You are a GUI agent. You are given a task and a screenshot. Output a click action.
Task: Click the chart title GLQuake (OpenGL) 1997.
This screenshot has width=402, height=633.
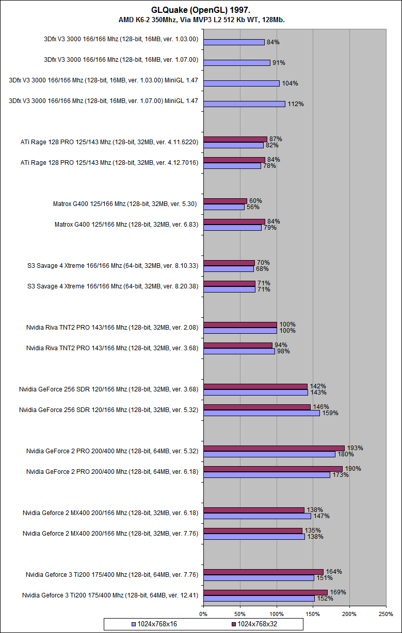201,10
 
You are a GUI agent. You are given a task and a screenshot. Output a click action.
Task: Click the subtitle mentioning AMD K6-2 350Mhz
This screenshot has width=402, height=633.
201,20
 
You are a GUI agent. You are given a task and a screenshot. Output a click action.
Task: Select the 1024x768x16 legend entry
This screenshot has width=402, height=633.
155,624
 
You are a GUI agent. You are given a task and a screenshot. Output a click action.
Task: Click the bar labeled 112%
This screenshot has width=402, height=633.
244,104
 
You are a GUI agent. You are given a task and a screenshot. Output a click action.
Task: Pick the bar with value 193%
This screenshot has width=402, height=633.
274,448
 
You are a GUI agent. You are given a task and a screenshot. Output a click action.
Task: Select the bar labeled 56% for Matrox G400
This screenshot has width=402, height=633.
224,207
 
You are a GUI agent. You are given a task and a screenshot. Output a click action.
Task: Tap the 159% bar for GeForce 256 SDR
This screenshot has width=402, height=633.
262,413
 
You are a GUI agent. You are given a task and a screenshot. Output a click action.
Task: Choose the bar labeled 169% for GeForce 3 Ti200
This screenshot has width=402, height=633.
265,592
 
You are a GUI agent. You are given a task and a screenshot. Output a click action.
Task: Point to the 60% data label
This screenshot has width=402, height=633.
256,201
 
